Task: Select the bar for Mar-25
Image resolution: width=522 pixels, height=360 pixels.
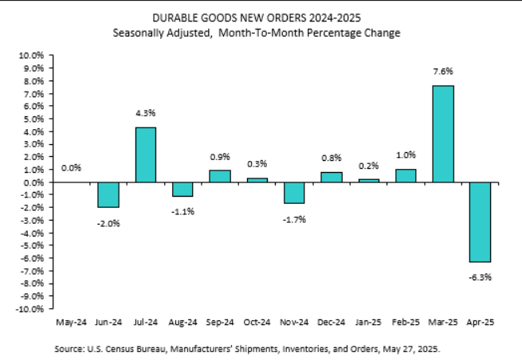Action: (x=443, y=134)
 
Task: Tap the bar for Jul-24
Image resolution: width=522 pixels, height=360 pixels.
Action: (x=145, y=155)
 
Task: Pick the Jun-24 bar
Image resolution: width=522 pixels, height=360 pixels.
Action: (x=108, y=195)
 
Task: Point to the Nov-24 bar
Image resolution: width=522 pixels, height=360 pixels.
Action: (x=294, y=193)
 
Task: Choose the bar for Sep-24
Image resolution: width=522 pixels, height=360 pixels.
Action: (x=220, y=176)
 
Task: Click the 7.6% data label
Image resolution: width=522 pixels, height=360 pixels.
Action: (x=443, y=72)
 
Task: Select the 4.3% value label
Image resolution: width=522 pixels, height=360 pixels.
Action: (x=145, y=114)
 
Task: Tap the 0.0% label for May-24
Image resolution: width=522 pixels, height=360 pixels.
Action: (x=71, y=168)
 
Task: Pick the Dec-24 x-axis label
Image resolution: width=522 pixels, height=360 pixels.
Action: (x=332, y=323)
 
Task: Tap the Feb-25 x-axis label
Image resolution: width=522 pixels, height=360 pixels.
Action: (x=406, y=323)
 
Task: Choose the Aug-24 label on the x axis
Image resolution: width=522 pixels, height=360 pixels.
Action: (x=183, y=323)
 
